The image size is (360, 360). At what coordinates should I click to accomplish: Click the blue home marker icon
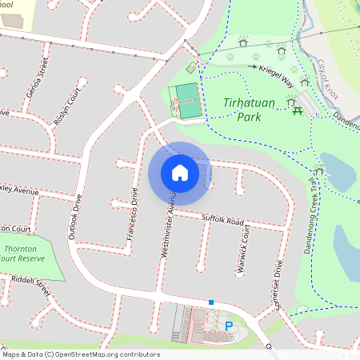click(x=180, y=173)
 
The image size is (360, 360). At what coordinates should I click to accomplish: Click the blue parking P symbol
click(x=229, y=326)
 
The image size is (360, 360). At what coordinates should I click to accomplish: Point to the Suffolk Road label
click(x=223, y=219)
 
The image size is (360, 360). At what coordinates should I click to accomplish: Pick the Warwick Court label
click(x=245, y=250)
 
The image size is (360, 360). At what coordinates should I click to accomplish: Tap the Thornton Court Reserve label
click(x=22, y=254)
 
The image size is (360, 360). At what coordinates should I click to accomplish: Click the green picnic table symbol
click(x=298, y=111)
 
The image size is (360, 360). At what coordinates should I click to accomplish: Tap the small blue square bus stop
click(x=211, y=302)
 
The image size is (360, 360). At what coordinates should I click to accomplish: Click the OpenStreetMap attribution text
click(x=80, y=354)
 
